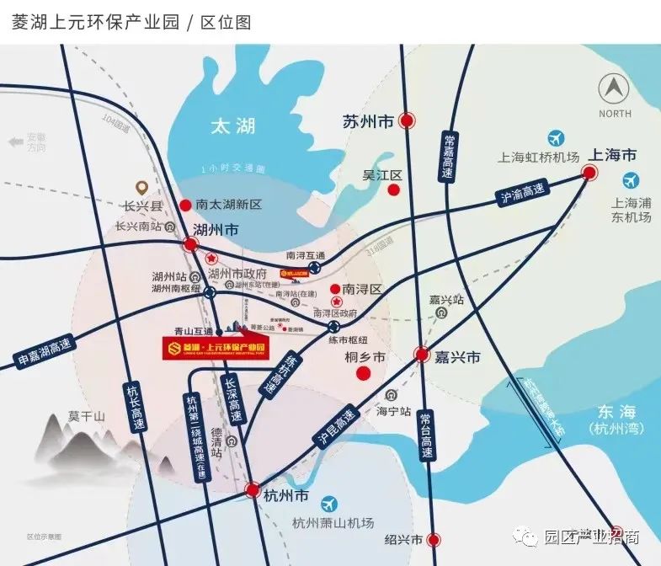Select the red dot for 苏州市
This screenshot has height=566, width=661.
408,121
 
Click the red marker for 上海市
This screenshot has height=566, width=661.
589,174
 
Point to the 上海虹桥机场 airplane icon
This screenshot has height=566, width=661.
556,138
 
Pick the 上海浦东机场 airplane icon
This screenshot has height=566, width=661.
630,179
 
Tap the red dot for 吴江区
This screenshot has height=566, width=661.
392,190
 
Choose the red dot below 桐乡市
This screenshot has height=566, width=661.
364,373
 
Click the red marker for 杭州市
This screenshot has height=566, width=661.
252,489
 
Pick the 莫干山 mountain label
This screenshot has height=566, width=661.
87,416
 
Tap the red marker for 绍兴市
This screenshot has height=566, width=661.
433,539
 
